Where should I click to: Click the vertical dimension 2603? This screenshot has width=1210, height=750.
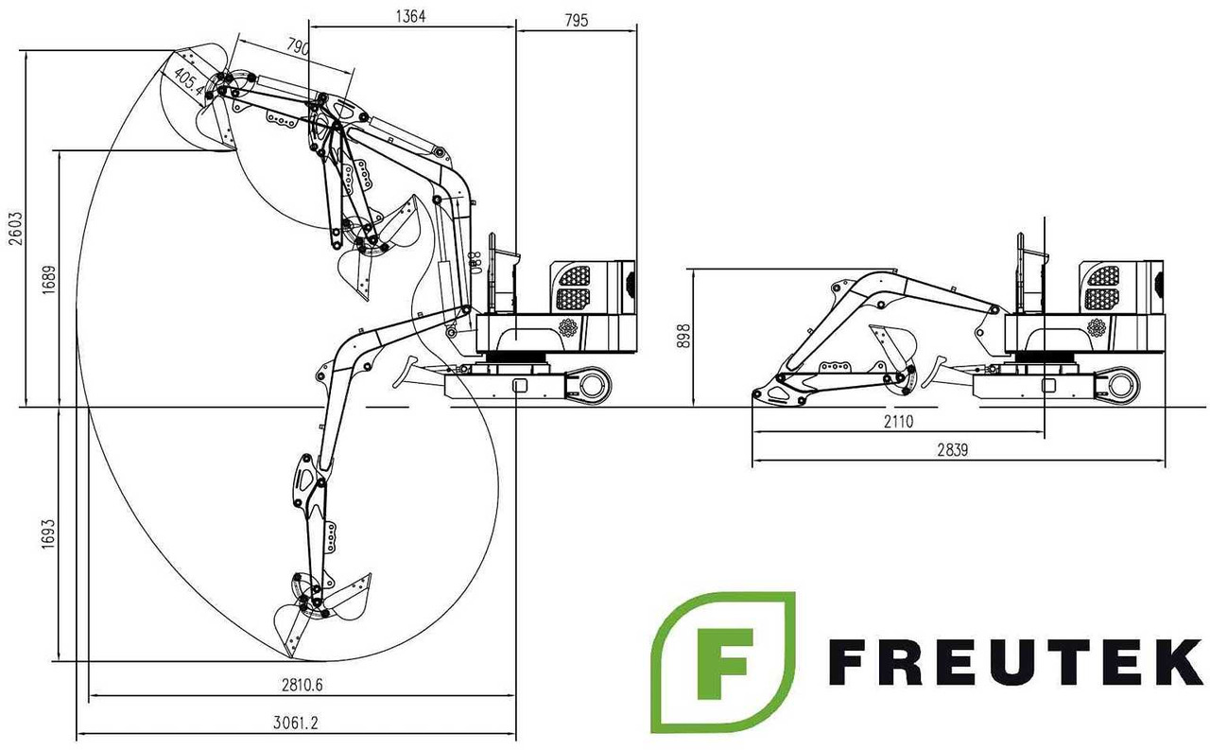click(x=13, y=228)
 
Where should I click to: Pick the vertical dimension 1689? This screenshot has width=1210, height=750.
click(x=50, y=280)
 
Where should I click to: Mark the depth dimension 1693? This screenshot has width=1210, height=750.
click(x=49, y=535)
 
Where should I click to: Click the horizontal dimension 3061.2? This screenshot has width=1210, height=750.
click(x=295, y=723)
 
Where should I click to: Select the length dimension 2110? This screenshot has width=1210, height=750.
click(x=897, y=423)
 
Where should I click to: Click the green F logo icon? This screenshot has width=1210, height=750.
click(x=723, y=662)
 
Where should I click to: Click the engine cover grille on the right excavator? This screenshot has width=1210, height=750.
click(x=1102, y=287)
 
